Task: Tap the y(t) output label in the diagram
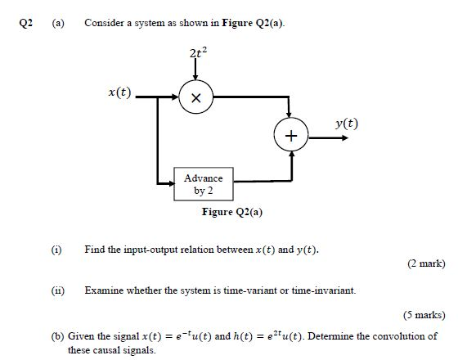[x=347, y=124]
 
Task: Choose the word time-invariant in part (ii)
[x=325, y=290]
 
